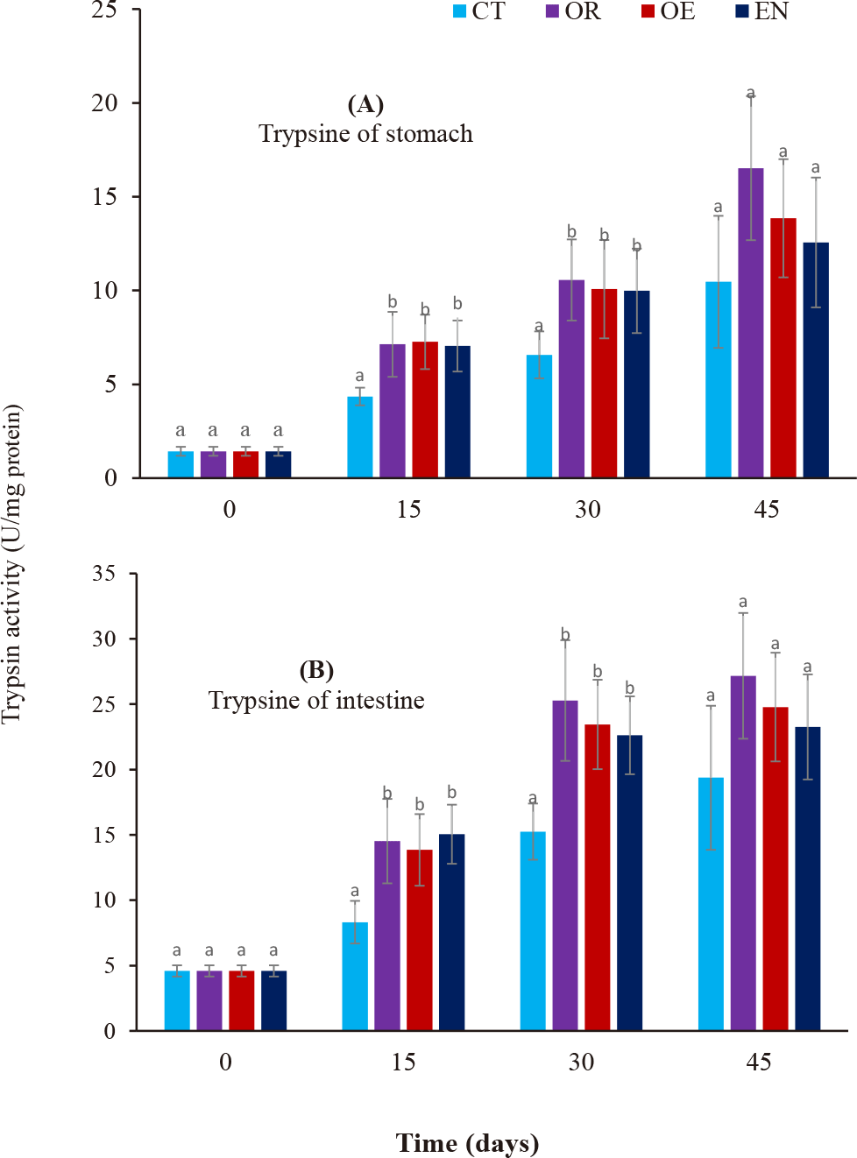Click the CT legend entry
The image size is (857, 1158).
point(480,11)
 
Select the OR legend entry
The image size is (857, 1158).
point(575,11)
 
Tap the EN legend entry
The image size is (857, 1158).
point(762,11)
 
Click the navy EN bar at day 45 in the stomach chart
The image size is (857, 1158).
point(815,359)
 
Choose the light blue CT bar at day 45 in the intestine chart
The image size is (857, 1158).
point(711,903)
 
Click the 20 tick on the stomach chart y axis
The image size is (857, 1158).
point(105,103)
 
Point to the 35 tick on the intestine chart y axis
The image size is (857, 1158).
point(103,574)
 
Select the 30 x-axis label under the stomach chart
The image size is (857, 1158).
point(587,510)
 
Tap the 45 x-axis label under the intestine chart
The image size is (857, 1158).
point(758,1063)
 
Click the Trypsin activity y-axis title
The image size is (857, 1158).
point(12,564)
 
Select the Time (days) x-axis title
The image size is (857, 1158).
point(467,1143)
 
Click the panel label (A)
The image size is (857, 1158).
point(365,105)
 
